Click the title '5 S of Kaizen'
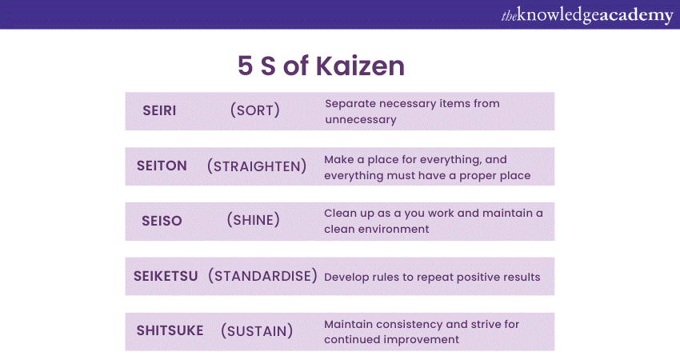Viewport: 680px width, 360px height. tap(321, 66)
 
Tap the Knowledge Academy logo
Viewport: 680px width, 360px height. tap(586, 15)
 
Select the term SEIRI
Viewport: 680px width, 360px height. tap(160, 110)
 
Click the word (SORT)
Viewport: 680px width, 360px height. tap(254, 110)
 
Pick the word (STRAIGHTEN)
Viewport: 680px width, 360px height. tap(257, 166)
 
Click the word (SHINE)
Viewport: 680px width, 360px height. tap(253, 220)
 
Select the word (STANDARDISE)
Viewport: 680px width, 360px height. tap(262, 276)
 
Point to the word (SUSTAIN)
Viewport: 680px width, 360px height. tap(256, 330)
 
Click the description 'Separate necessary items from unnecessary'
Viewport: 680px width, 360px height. tap(411, 111)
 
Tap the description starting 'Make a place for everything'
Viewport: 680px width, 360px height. tap(427, 167)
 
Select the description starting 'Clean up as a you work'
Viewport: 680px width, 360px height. tap(433, 221)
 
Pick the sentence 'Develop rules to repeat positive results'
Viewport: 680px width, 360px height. tap(432, 277)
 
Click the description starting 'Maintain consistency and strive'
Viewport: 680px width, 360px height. tap(422, 331)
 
